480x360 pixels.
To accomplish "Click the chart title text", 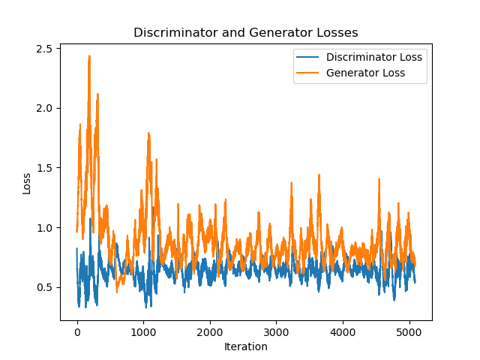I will tap(245, 33).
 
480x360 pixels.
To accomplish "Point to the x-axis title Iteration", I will tap(245, 346).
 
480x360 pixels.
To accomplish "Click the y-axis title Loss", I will tap(27, 183).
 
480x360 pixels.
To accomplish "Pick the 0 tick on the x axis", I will tap(76, 332).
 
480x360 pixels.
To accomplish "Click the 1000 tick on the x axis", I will tap(143, 332).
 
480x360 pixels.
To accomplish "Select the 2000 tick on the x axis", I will tap(210, 332).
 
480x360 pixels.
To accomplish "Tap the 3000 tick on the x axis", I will tap(276, 332).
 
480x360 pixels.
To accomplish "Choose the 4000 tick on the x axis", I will tap(343, 332).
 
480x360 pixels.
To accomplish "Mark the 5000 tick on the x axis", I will tap(409, 332).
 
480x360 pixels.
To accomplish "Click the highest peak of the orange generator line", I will tap(89, 56).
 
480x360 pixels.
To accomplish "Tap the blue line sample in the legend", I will tap(309, 57).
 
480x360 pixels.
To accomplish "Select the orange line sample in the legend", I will tap(309, 73).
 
